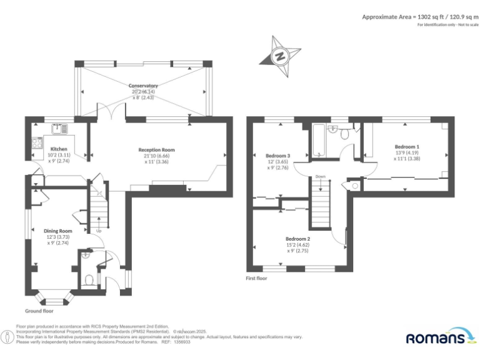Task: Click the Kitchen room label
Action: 59,149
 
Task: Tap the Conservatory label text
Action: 143,86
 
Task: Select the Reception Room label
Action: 156,150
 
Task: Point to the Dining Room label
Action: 57,231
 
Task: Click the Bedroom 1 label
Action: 407,146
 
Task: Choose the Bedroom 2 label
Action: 298,239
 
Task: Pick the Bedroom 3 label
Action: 278,155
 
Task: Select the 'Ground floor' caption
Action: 39,311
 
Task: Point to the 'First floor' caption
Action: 256,278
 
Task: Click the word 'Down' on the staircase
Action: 320,177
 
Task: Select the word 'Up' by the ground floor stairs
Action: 99,232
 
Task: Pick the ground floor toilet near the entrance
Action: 89,280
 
